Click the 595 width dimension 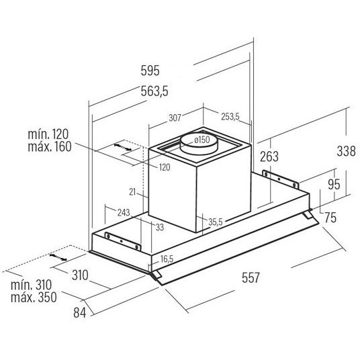150,71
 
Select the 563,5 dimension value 154,91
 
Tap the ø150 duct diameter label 201,140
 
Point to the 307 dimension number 175,118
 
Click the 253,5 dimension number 230,117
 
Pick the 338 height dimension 346,151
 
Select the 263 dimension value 269,156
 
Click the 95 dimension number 334,184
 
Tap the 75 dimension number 330,218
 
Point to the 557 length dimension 251,277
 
